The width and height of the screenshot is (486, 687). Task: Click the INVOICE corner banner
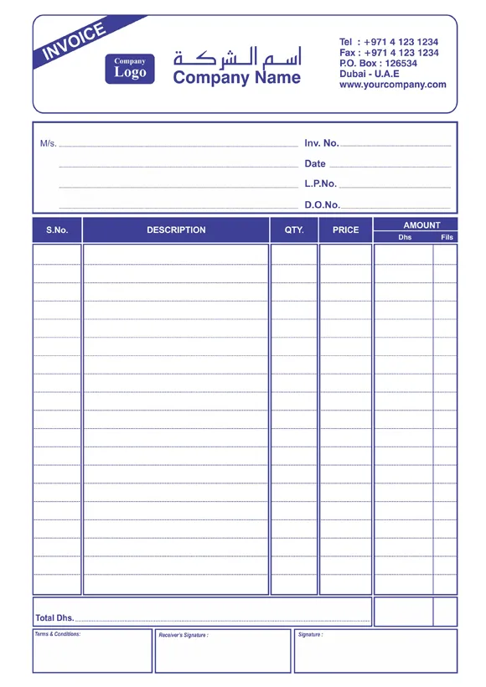coord(75,41)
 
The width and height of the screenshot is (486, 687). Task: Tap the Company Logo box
coord(130,68)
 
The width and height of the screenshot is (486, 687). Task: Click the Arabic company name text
coord(237,59)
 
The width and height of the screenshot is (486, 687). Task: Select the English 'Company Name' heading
coord(236,78)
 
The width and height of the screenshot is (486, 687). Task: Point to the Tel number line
coord(389,42)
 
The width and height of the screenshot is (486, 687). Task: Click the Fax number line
coord(389,53)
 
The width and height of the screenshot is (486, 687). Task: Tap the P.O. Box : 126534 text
coord(378,64)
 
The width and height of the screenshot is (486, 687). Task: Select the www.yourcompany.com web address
coord(392,85)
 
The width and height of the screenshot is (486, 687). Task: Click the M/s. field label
coord(49,143)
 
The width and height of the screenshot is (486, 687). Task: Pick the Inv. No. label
coord(322,143)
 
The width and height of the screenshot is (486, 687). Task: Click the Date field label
coord(315,163)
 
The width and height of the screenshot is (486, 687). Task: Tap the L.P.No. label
coord(321,183)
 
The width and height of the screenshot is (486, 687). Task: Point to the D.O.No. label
coord(322,204)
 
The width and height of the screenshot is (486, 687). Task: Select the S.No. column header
coord(57,230)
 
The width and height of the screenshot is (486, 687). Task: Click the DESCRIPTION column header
coord(176,230)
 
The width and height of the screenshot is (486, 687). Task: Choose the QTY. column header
coord(294,230)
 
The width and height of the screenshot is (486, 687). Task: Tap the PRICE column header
coord(345,230)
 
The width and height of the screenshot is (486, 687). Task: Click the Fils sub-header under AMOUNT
coord(447,237)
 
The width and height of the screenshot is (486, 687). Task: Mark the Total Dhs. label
coord(54,618)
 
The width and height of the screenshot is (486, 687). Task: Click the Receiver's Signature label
coord(184,635)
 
